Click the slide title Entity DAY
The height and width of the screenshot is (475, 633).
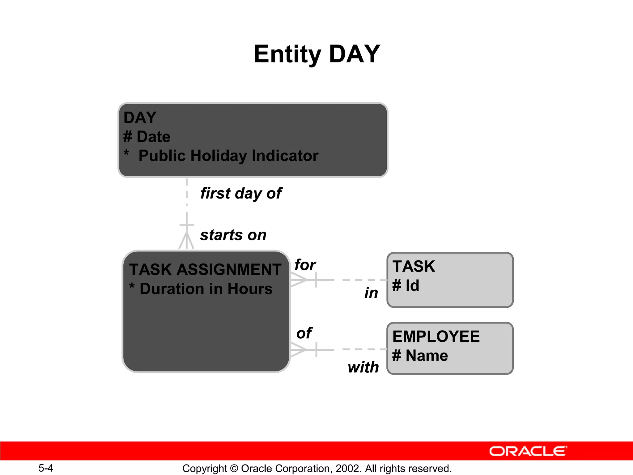(x=316, y=54)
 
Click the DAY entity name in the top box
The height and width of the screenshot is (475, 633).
(x=140, y=118)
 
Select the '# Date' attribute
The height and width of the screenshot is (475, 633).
(x=147, y=137)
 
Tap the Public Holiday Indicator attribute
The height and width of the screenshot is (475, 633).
(x=228, y=156)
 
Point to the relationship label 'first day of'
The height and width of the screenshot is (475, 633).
(x=241, y=193)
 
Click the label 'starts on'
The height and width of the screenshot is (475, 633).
(x=233, y=235)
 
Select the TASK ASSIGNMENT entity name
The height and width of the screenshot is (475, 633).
(x=205, y=269)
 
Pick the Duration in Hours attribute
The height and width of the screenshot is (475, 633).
(x=206, y=289)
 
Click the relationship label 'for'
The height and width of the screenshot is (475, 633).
(x=305, y=265)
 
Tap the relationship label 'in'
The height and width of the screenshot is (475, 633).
(x=371, y=293)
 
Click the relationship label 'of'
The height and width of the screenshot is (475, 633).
(x=304, y=333)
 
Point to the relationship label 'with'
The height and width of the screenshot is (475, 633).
(x=363, y=367)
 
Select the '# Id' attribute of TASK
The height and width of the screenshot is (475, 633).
(x=406, y=285)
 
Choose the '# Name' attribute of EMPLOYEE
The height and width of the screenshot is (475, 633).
(x=420, y=355)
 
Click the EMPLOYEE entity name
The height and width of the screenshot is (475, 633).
(x=436, y=336)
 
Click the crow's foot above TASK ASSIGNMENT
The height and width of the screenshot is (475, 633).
(x=186, y=241)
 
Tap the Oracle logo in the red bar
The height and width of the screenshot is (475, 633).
(x=528, y=451)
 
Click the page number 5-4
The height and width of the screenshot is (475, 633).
(x=46, y=468)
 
